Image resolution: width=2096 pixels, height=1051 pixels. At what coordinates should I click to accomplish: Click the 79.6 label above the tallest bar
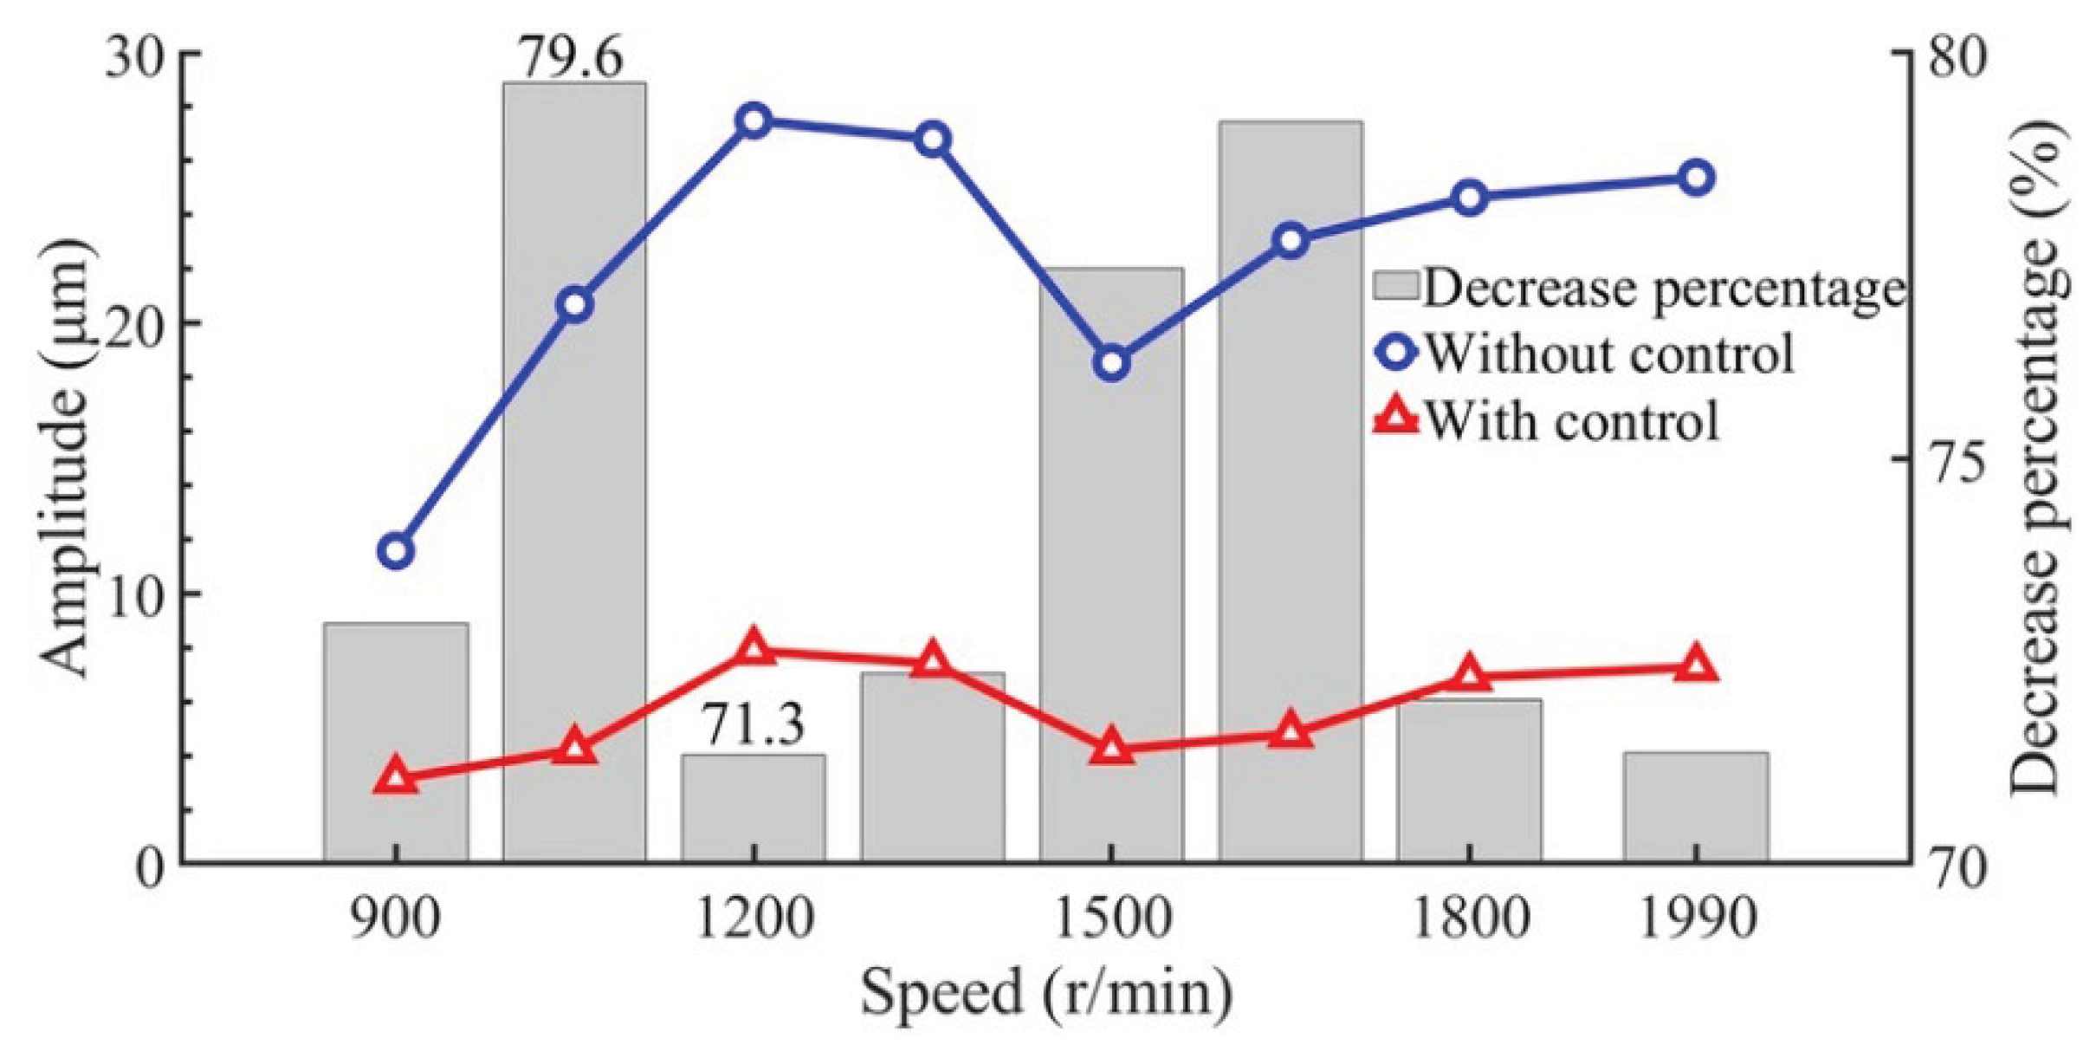[x=570, y=59]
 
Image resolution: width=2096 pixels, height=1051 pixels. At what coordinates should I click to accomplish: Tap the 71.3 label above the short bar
[x=752, y=724]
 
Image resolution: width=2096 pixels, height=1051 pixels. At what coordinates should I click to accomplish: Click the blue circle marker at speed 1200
[x=754, y=120]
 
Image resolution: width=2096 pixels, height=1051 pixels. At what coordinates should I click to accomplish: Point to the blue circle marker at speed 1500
[x=1112, y=363]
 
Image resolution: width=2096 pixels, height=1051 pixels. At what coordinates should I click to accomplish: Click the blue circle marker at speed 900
[x=396, y=551]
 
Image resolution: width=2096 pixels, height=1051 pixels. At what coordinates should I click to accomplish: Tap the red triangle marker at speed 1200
[x=754, y=648]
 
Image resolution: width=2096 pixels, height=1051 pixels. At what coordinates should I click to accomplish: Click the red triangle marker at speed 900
[x=396, y=777]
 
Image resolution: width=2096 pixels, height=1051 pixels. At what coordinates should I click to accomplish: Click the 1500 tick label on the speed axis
[x=1112, y=918]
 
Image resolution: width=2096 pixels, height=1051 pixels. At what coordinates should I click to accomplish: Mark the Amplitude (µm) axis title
[x=68, y=457]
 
